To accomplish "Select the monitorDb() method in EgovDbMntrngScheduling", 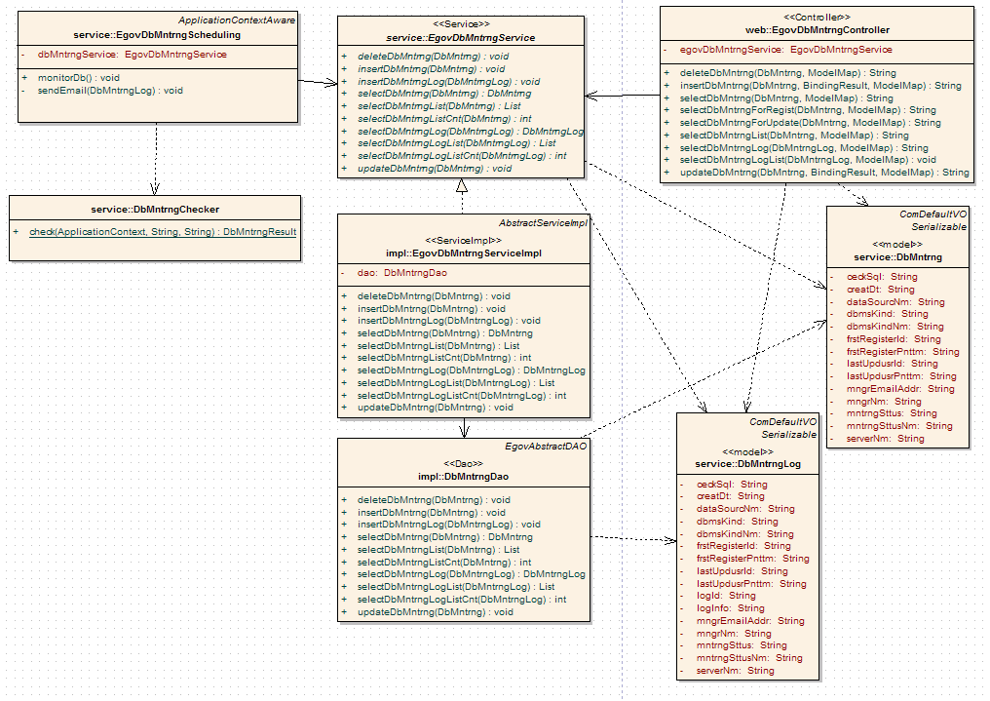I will point(79,77).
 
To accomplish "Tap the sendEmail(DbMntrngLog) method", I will point(110,91).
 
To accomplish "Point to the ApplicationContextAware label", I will point(238,19).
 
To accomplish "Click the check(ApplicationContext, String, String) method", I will point(162,232).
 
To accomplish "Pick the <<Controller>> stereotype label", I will point(816,17).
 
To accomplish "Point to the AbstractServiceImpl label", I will point(543,223).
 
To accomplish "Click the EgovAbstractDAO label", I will point(546,446).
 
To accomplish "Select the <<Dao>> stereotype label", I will point(464,462).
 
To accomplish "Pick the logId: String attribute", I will point(726,596).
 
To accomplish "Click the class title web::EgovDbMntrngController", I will point(816,30).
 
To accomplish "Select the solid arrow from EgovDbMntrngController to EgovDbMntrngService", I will point(624,96).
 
